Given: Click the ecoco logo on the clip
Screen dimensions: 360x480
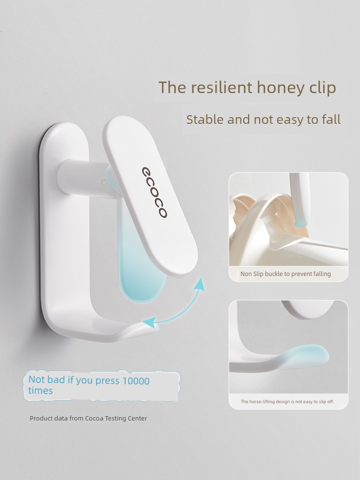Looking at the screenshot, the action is click(x=155, y=192).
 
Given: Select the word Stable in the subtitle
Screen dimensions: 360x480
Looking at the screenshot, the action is click(x=205, y=120).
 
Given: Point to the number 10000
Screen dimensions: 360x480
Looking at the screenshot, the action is click(x=136, y=381).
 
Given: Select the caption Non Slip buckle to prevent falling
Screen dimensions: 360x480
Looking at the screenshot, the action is click(x=285, y=274).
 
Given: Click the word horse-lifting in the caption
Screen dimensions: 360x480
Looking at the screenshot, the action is click(x=263, y=402).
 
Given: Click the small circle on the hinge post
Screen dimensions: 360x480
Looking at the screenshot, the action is click(x=104, y=183).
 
